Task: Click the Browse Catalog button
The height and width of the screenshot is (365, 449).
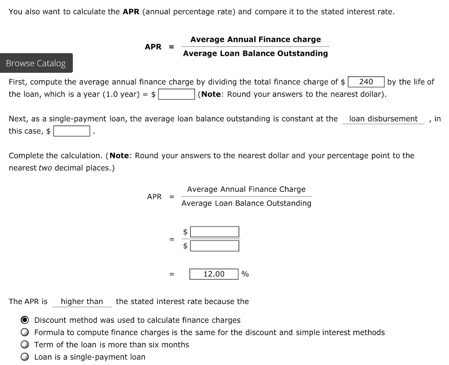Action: tap(36, 63)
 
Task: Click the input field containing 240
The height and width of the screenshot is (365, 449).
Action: tap(366, 82)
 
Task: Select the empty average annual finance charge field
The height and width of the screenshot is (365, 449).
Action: tap(177, 94)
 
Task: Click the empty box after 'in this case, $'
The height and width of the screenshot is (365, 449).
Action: tap(72, 131)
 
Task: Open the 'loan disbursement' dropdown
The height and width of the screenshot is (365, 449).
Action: tap(383, 119)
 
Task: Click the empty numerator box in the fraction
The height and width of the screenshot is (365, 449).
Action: tap(214, 232)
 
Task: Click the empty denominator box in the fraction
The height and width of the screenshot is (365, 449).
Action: tap(214, 246)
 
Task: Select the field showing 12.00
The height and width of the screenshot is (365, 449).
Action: tap(214, 274)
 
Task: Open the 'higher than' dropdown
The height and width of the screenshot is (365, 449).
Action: tap(82, 301)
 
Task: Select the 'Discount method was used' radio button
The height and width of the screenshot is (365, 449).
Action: tap(25, 320)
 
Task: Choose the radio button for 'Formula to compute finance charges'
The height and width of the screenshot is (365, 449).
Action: tap(25, 333)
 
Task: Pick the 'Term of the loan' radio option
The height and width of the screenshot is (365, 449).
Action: tap(25, 345)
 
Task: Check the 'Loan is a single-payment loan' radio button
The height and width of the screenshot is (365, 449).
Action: tap(25, 357)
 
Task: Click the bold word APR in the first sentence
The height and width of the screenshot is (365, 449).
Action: tap(131, 12)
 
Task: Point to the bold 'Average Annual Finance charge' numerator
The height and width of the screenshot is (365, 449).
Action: tap(255, 39)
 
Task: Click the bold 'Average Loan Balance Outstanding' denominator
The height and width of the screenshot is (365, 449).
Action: tap(255, 54)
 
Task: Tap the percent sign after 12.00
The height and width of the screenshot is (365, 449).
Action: tap(245, 274)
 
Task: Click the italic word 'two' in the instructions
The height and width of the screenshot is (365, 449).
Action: tap(45, 168)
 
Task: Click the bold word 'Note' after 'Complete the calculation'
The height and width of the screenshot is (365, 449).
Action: tap(119, 156)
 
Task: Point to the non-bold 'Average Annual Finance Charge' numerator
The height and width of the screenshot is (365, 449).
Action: tap(246, 190)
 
